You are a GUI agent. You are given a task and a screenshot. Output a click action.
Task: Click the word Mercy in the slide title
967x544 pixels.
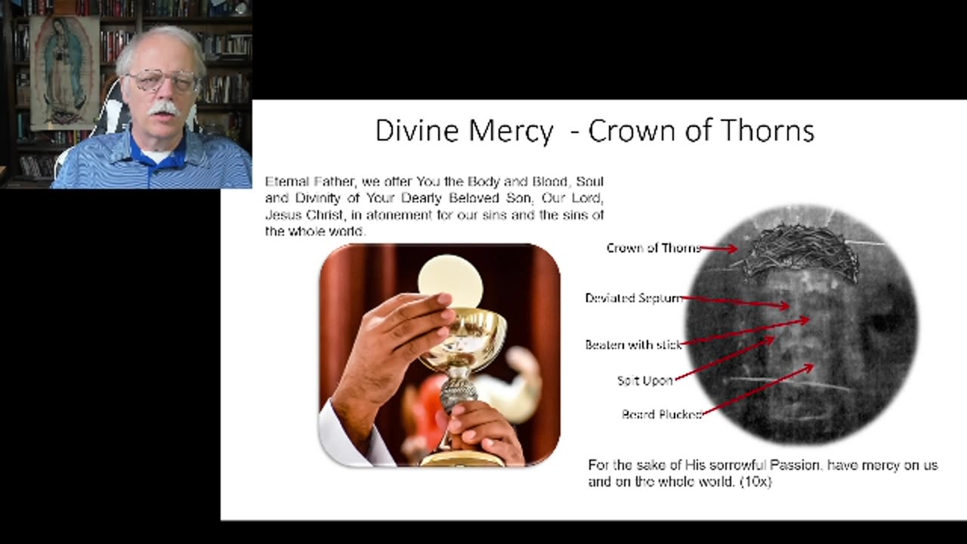click(511, 131)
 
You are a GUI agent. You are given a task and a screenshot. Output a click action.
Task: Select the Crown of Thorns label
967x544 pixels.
click(653, 248)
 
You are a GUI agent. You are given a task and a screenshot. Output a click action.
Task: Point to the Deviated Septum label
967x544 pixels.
click(633, 298)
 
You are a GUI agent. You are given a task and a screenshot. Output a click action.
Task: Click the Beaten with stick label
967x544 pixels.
click(633, 345)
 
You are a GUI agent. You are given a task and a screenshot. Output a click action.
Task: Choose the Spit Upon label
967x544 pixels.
click(644, 381)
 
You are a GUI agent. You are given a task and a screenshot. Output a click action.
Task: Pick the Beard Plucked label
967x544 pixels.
click(662, 414)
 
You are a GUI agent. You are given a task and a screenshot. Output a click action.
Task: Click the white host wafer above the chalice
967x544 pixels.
click(450, 280)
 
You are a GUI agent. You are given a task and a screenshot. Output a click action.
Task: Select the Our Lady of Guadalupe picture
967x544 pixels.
click(64, 72)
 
